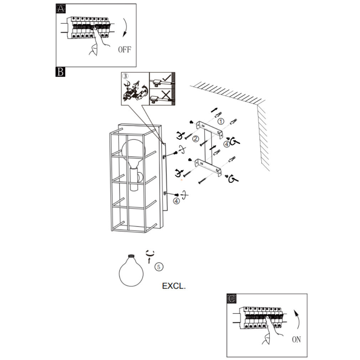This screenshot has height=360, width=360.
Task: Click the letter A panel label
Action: [61, 9]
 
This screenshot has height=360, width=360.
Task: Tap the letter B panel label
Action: [60, 72]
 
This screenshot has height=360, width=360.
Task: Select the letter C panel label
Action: [231, 298]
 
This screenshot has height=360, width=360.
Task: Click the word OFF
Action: [124, 50]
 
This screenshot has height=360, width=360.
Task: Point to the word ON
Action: [297, 339]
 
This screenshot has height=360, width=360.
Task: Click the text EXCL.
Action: [174, 286]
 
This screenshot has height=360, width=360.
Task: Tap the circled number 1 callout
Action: [221, 121]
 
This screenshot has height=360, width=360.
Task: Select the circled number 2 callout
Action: [196, 139]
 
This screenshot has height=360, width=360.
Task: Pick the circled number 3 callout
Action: [125, 76]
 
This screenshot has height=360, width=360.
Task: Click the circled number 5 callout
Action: [159, 267]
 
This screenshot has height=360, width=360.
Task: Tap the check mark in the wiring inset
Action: [167, 77]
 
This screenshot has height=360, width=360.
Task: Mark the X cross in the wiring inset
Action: [166, 94]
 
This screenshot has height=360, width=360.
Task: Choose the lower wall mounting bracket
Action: [208, 167]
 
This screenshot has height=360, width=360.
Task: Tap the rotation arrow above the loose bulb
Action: [150, 253]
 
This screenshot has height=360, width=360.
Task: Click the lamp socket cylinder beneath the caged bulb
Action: [134, 179]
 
